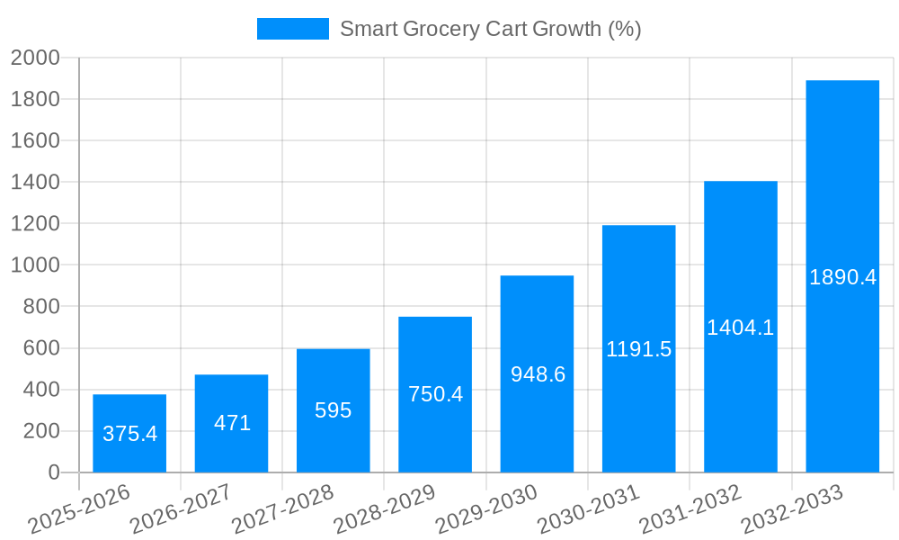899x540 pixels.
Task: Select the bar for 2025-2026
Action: [x=129, y=433]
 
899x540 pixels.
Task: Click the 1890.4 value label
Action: [x=842, y=277]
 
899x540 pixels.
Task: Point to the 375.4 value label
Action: [x=129, y=434]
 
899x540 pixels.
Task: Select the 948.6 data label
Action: [x=538, y=374]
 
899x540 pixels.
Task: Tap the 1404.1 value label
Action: [x=740, y=328]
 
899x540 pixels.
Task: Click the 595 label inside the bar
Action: [x=333, y=410]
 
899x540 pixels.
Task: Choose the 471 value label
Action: [x=232, y=423]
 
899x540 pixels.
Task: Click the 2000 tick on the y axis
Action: [x=35, y=58]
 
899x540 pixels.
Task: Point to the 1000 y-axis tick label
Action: [x=35, y=265]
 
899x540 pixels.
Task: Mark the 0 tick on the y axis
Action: [x=53, y=472]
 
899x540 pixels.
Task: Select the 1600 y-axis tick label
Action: [x=35, y=141]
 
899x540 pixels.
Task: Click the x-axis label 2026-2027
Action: [x=180, y=509]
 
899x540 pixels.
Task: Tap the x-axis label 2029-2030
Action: [x=486, y=509]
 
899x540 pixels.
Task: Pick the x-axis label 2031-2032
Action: [x=690, y=509]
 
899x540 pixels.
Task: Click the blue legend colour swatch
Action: [x=293, y=29]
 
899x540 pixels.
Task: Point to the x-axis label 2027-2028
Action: [x=282, y=509]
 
